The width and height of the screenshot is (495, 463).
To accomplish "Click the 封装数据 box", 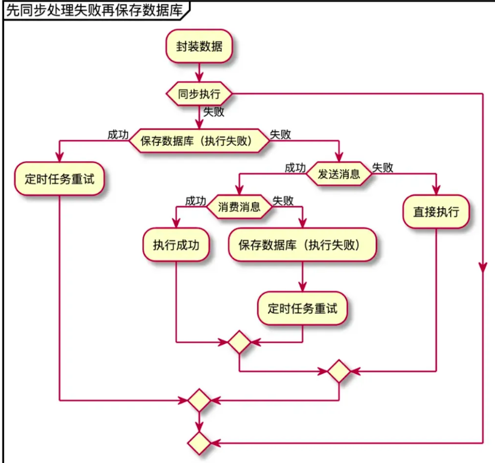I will [x=199, y=46].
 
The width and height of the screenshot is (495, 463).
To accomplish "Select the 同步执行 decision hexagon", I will [x=199, y=94].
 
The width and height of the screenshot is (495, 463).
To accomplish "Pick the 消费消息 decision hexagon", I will [x=239, y=208].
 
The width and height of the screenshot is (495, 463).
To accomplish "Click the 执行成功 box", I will [x=176, y=245].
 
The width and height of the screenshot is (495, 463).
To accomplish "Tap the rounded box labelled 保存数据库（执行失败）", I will [x=302, y=245].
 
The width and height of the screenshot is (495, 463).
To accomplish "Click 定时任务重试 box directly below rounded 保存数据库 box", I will [x=302, y=309].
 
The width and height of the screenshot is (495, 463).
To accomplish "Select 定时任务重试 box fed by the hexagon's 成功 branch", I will [x=60, y=179].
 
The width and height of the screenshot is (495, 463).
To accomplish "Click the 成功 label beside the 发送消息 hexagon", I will [x=295, y=167].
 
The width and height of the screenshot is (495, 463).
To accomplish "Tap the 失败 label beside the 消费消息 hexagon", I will [x=283, y=201].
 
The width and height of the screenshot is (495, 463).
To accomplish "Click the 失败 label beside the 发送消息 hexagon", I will [x=383, y=167].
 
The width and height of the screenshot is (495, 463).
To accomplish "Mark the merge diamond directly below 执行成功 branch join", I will [x=239, y=342].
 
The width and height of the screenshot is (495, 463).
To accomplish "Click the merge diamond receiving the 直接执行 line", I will [x=339, y=372].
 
